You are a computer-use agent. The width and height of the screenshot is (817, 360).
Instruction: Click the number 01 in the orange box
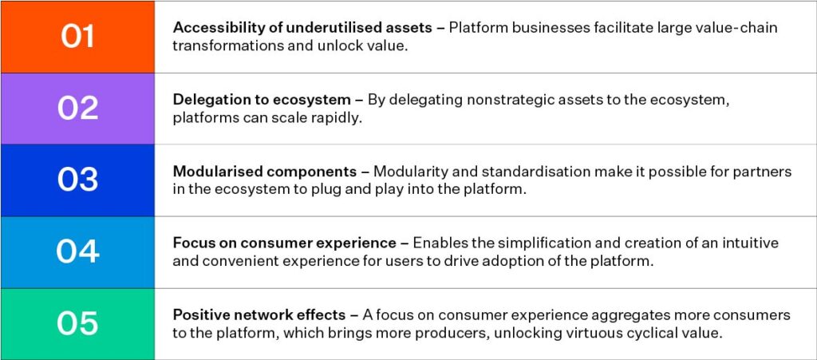(x=77, y=37)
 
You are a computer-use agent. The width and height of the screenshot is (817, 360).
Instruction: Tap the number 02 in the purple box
(x=77, y=109)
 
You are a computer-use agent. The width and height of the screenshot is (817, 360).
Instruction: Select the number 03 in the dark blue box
(x=77, y=180)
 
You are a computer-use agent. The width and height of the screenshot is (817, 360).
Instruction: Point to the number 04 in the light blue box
(x=77, y=251)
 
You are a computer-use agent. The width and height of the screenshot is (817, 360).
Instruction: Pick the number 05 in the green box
(x=77, y=323)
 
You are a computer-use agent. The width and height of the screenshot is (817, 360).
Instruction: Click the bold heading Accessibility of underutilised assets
(x=302, y=28)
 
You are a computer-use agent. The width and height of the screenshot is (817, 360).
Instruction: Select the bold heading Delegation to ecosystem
(x=262, y=100)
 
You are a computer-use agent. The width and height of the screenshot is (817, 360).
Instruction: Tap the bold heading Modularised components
(x=265, y=172)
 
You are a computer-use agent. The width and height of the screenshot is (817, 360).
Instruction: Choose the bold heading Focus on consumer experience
(x=285, y=243)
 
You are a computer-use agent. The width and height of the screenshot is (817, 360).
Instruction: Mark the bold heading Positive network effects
(x=259, y=315)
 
